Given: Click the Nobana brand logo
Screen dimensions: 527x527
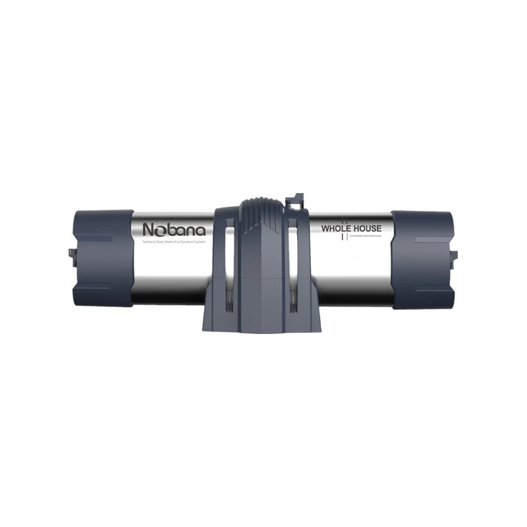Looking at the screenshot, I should click(174, 230).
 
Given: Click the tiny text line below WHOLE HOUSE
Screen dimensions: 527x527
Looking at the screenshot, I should click(364, 235).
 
